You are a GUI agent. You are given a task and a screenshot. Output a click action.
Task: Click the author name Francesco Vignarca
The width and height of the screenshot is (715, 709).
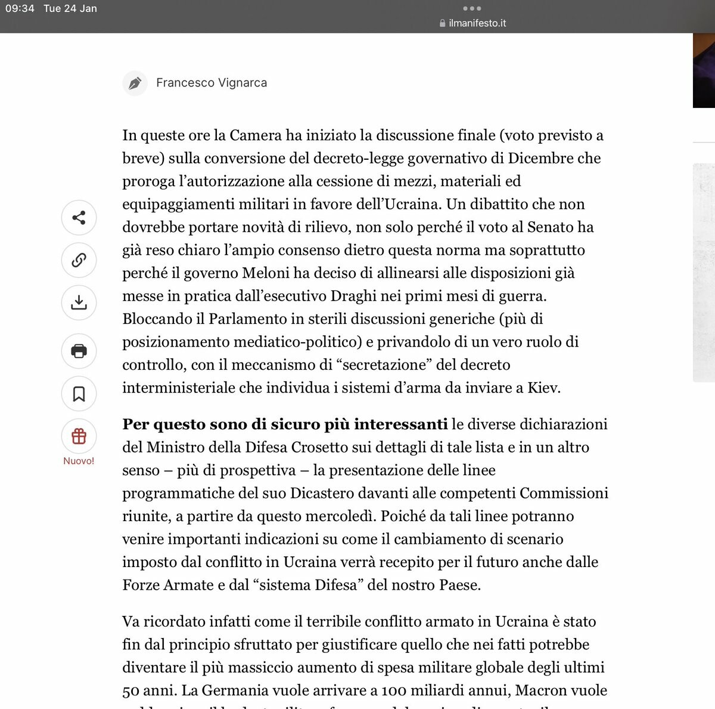211,83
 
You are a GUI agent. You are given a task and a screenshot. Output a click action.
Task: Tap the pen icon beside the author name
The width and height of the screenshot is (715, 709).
135,83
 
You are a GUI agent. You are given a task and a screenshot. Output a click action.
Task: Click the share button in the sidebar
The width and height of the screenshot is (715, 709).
79,218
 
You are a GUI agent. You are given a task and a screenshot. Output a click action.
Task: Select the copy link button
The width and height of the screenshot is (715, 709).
79,260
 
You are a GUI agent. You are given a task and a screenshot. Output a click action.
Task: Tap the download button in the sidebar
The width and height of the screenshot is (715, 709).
79,302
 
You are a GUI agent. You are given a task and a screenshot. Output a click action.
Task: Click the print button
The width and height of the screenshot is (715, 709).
79,351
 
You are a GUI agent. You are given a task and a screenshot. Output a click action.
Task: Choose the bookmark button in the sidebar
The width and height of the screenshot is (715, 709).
79,394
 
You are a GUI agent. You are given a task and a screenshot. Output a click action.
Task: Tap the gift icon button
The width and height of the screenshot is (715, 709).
79,436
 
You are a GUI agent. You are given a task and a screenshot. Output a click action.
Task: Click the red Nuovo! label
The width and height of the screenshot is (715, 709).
79,461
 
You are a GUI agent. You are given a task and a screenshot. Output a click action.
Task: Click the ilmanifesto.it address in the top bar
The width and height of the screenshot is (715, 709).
477,23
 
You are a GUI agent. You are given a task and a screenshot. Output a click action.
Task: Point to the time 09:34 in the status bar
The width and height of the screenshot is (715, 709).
20,8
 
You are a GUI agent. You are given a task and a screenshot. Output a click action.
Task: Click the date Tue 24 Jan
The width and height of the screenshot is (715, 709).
70,8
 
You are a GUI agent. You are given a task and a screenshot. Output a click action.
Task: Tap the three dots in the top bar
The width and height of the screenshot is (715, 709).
472,8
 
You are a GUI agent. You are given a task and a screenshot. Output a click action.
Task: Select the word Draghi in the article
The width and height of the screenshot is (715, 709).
353,296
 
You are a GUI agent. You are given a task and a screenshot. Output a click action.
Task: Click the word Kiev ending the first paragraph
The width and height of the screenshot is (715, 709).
543,388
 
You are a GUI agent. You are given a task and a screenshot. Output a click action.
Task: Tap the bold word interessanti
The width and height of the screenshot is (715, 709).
400,424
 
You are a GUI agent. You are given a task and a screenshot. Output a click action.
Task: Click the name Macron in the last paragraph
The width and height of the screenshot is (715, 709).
541,691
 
